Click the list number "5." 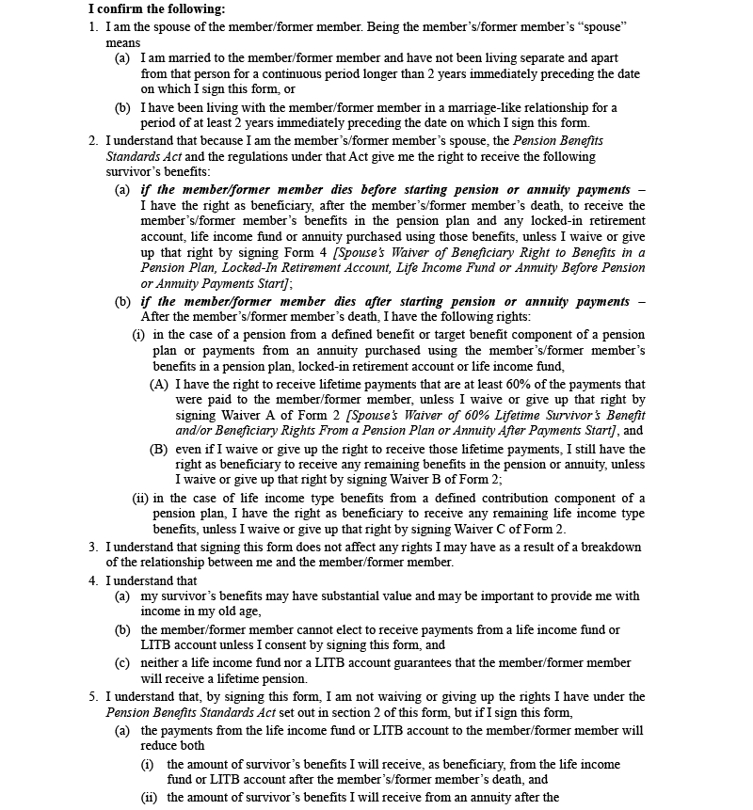tap(93, 696)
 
